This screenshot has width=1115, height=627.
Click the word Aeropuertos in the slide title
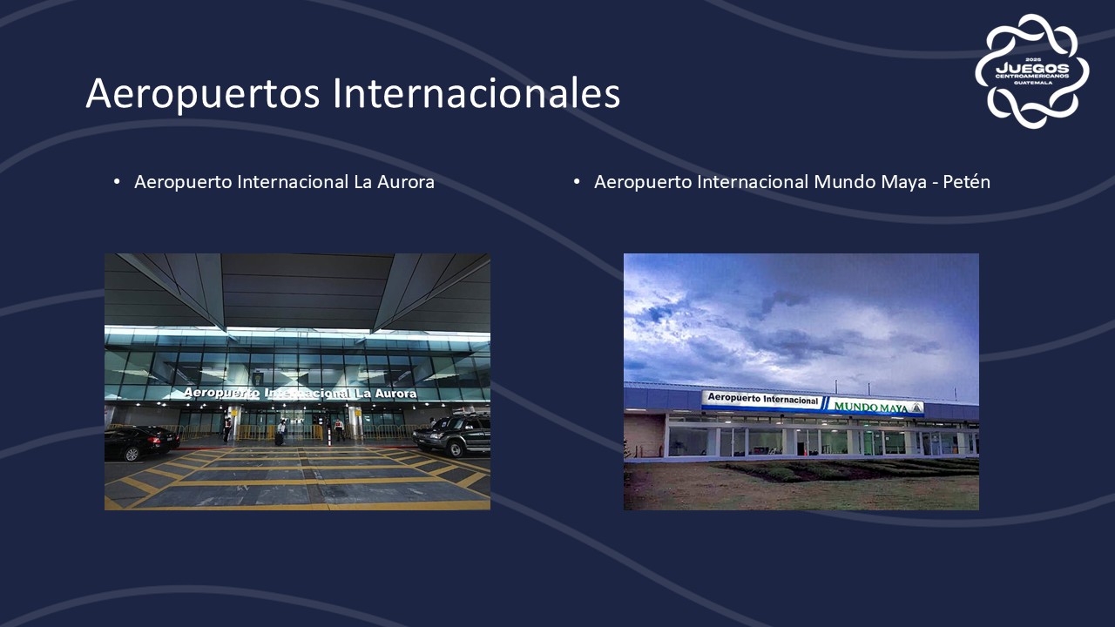[203, 93]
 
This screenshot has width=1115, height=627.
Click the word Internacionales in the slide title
[476, 92]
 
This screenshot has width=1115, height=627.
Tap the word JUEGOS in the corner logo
[1032, 68]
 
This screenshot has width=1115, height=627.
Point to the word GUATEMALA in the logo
[1033, 83]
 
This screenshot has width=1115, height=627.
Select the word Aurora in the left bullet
[406, 182]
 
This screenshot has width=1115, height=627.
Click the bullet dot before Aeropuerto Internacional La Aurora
[117, 182]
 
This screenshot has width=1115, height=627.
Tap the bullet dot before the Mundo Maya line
[577, 182]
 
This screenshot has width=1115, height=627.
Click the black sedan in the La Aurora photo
[140, 443]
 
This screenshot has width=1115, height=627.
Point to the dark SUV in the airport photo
[452, 435]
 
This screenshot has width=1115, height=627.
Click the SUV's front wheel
[456, 449]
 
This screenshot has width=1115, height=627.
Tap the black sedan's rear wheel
[132, 454]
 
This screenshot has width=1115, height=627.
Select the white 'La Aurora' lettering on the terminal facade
[386, 394]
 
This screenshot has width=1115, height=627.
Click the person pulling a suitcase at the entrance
[281, 433]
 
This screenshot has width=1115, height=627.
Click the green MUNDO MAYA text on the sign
[870, 407]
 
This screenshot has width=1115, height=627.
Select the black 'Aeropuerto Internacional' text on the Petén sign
[762, 399]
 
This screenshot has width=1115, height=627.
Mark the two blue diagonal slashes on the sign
[826, 403]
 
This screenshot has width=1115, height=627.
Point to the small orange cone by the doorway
[803, 452]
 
